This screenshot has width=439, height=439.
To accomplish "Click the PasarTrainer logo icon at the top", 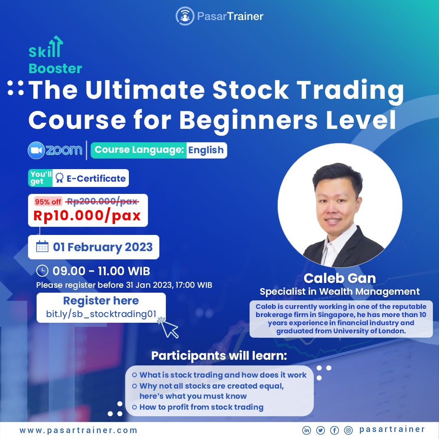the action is point(185,16).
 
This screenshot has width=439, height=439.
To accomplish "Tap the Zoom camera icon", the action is point(37,150).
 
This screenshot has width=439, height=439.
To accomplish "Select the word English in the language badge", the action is point(206,150).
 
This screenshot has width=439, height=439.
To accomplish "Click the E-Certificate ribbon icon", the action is point(59,178).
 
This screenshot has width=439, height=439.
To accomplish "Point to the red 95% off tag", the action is point(48,202).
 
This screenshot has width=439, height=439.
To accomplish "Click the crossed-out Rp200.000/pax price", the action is point(102,201).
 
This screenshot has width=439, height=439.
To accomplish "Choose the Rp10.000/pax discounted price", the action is point(87,215).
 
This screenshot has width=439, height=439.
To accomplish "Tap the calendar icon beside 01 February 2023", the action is point(42,246).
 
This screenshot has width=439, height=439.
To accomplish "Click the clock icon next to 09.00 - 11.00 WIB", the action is point(42,271).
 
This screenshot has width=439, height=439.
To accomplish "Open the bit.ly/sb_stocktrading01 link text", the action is point(101,314).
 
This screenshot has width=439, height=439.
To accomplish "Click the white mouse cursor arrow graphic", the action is point(169,328).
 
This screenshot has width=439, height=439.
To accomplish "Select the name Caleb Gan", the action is point(339,278).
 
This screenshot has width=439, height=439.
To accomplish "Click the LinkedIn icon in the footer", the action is point(306,430).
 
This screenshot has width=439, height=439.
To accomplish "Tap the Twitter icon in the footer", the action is point(321,430).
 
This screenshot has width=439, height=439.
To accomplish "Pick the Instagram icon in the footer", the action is point(348,430).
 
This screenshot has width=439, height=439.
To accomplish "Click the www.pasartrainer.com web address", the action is point(78,430).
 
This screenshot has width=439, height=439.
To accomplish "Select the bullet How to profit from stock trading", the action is point(201,407).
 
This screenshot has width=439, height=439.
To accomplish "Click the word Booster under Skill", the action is point(55,69).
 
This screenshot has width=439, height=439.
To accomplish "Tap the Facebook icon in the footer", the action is point(334,430).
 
